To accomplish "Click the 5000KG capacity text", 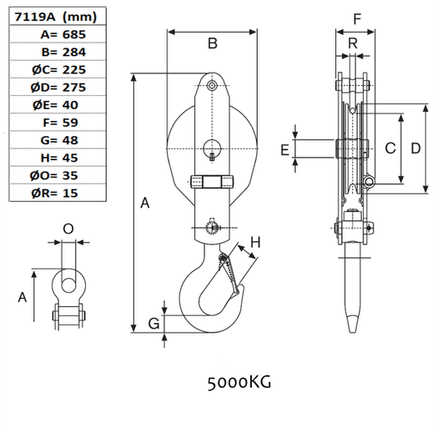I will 239,383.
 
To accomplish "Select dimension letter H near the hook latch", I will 256,242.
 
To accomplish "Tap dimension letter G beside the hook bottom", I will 153,323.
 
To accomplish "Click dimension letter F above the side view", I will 357,18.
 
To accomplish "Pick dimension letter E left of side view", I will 284,149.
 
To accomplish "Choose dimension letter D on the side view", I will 414,149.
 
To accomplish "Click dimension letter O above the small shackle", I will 69,227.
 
